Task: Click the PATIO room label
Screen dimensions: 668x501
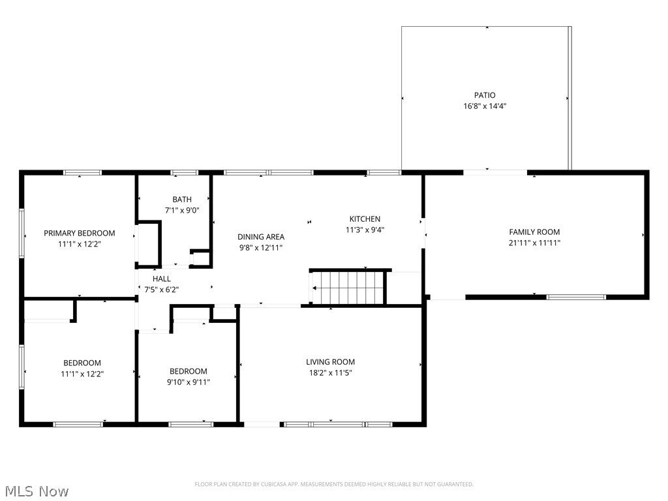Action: tap(485, 95)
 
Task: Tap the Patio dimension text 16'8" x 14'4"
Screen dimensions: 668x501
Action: tap(485, 106)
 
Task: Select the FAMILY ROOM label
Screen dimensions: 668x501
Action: tap(534, 232)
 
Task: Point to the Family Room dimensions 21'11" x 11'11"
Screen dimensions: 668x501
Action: tap(534, 243)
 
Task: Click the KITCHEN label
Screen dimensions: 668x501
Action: tap(365, 219)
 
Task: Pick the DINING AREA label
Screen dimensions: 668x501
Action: tap(261, 237)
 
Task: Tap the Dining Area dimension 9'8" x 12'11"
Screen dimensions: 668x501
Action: tap(261, 248)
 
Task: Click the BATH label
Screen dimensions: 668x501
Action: tap(182, 200)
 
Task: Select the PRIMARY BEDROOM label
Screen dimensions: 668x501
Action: tap(79, 233)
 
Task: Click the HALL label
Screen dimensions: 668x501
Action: tap(162, 279)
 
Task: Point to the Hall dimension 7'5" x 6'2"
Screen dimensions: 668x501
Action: tap(162, 290)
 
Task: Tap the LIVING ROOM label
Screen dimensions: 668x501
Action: tap(330, 361)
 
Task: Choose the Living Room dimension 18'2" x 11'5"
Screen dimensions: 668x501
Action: tap(330, 372)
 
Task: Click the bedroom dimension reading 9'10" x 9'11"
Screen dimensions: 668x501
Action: tap(189, 382)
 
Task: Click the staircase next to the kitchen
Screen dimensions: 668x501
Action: tap(348, 288)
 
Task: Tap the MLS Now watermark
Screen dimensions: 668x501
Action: tap(35, 491)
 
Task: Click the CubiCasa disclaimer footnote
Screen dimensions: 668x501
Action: tap(334, 484)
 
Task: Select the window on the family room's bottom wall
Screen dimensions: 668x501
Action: tap(576, 297)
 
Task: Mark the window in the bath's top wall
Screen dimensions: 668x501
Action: tap(185, 172)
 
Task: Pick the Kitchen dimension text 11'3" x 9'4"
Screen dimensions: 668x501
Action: tap(365, 230)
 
